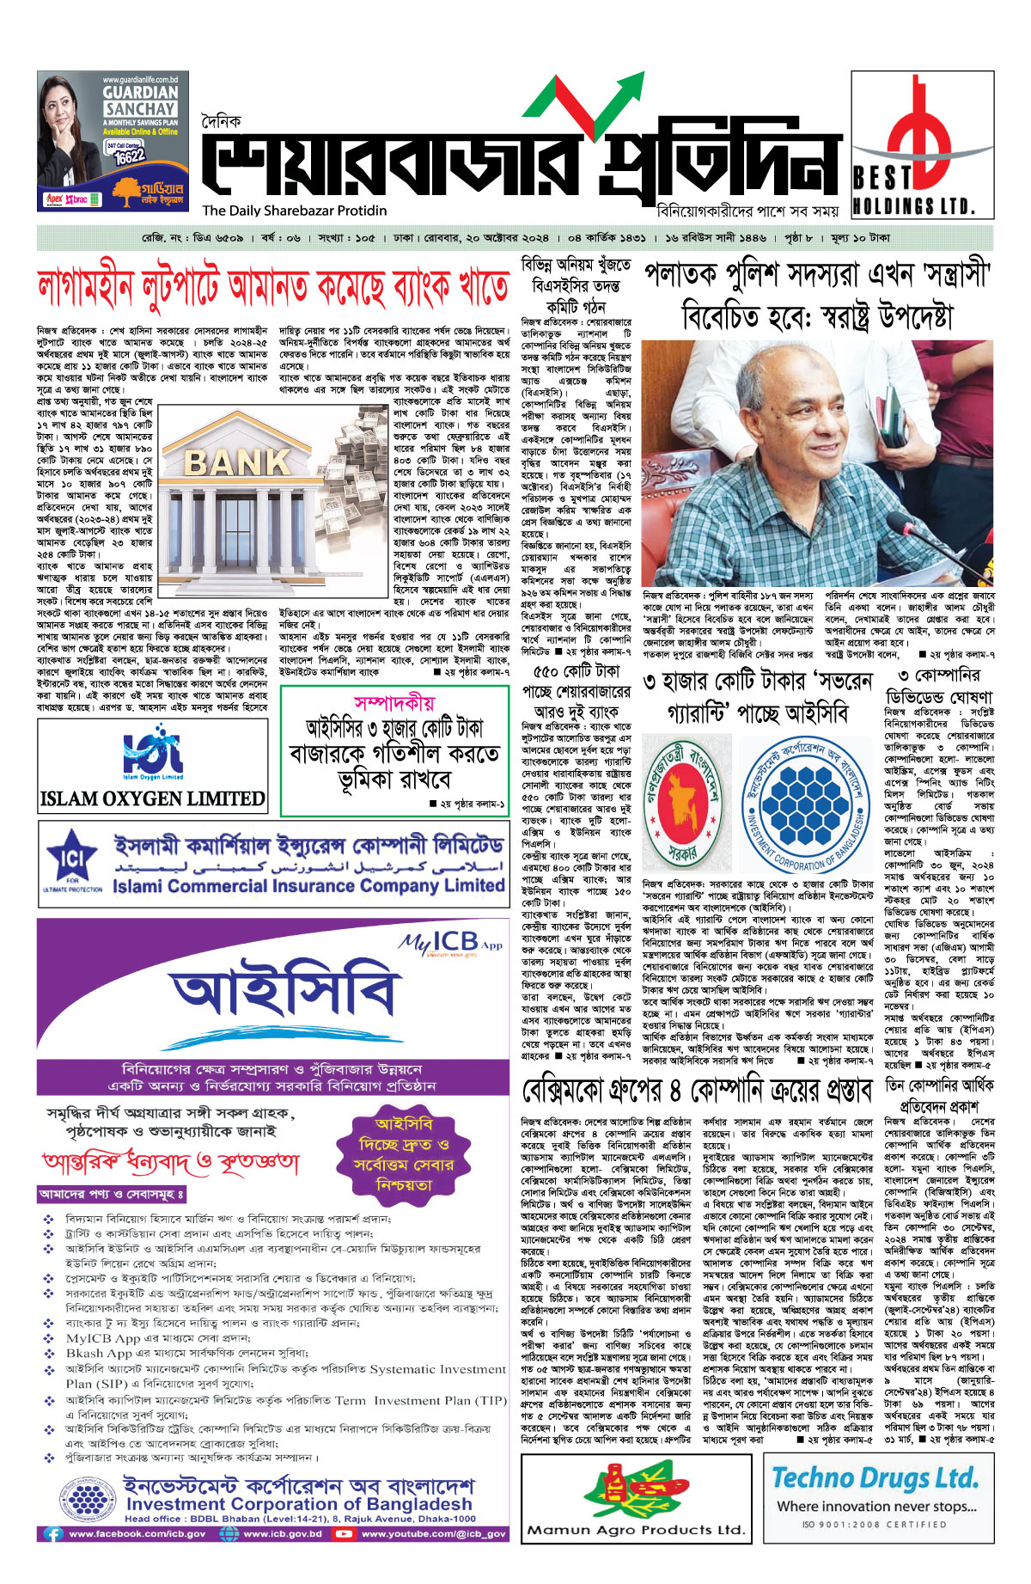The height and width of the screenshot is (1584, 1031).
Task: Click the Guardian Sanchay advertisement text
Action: pyautogui.click(x=140, y=101)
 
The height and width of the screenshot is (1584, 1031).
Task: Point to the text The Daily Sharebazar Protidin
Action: pyautogui.click(x=295, y=211)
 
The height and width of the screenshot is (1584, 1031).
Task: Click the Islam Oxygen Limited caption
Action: pyautogui.click(x=153, y=798)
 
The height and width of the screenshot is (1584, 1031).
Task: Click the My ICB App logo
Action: pyautogui.click(x=450, y=943)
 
